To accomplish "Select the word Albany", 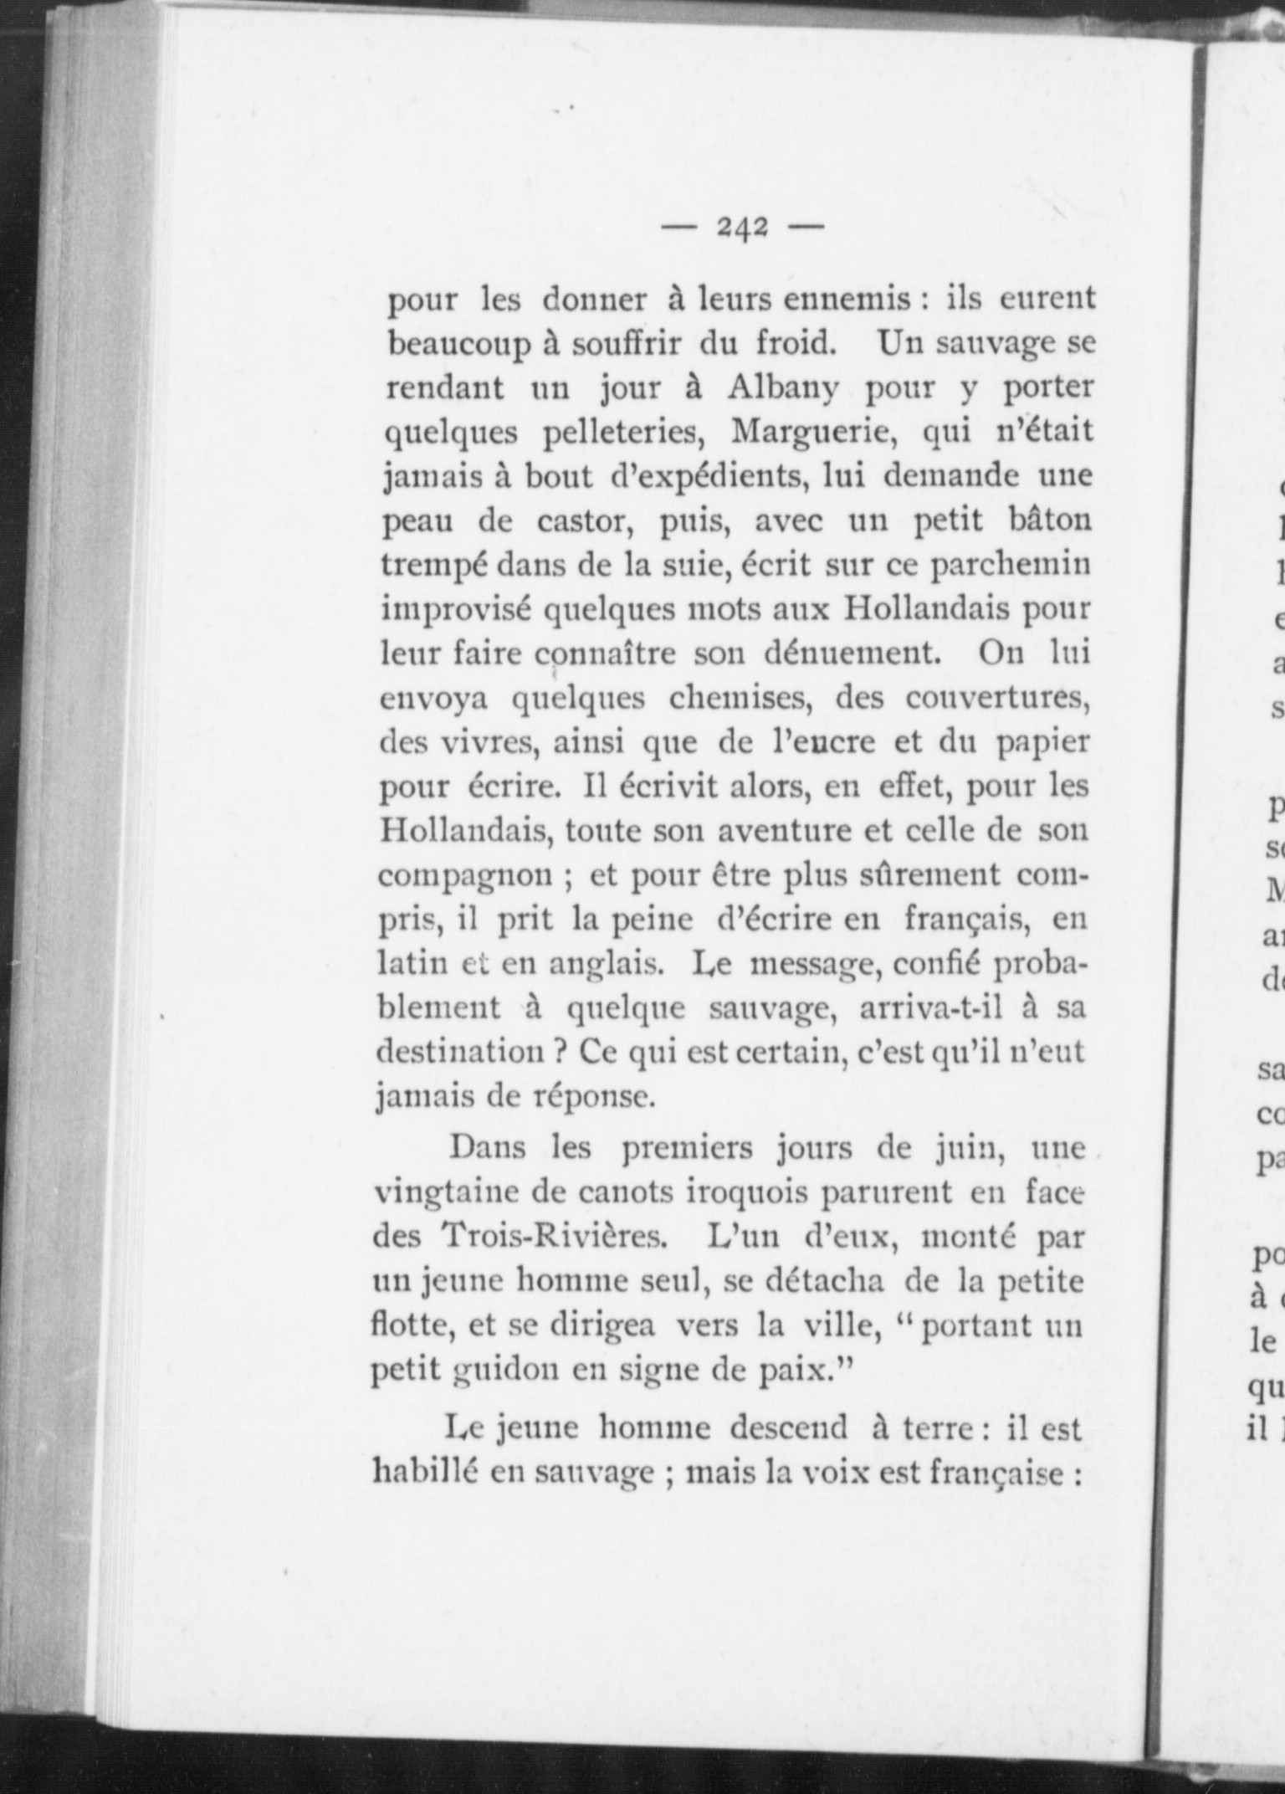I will click(784, 389).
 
